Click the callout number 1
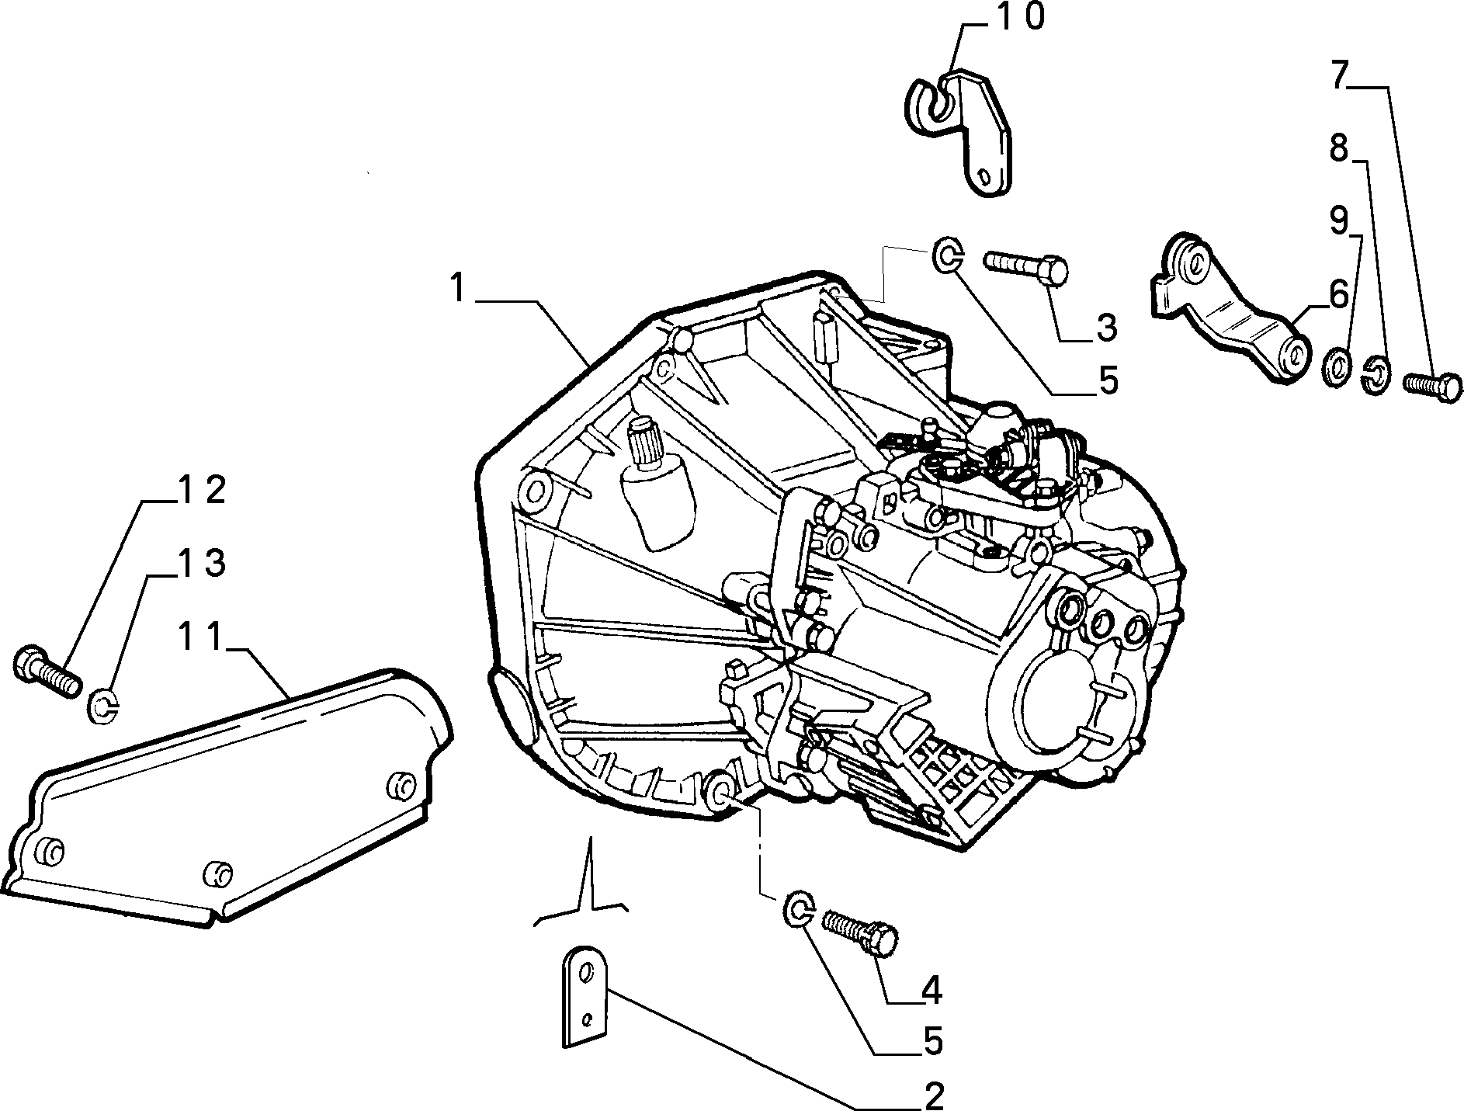[459, 289]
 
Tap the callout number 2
[933, 1095]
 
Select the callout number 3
[1105, 328]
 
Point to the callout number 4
[931, 991]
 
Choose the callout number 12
[202, 490]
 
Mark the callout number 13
[202, 563]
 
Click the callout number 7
[1339, 75]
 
